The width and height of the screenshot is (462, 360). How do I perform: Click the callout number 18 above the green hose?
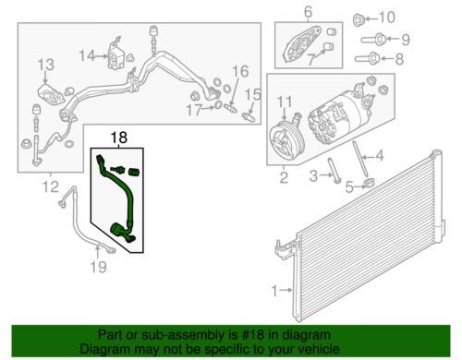(119, 138)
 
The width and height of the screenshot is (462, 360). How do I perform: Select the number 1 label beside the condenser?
(274, 290)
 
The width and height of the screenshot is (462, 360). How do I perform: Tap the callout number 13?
(46, 65)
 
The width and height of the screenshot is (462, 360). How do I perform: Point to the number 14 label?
(87, 56)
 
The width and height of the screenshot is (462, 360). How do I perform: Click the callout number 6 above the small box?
(308, 12)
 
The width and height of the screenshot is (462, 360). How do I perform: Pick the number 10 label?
(386, 18)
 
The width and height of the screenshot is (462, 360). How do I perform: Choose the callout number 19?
(99, 267)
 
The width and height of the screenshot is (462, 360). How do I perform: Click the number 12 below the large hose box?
(50, 186)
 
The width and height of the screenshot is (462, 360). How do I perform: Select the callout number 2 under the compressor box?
(284, 177)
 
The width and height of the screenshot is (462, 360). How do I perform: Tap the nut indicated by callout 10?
(359, 19)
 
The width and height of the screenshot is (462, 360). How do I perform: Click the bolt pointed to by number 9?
(373, 39)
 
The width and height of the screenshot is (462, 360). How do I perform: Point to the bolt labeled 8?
(367, 58)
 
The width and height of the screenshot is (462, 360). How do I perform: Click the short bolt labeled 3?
(334, 170)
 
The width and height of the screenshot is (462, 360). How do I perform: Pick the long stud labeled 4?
(359, 159)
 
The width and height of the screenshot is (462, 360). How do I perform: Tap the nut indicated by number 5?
(369, 184)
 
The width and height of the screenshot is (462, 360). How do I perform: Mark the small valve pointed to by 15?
(249, 117)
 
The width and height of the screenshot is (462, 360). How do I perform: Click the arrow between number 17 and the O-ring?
(209, 108)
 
